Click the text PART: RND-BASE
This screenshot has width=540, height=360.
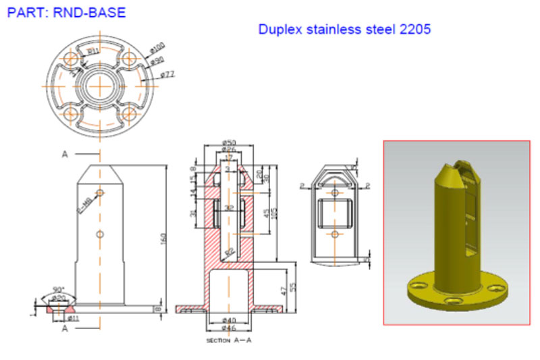pos(57,12)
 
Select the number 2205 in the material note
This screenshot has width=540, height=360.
pos(416,30)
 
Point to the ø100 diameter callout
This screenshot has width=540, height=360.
pos(157,49)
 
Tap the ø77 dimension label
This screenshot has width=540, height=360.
pos(167,74)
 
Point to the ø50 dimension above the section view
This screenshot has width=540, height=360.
pos(228,143)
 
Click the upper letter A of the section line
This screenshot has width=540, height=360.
pos(65,155)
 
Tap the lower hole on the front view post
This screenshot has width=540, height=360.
pos(100,234)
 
